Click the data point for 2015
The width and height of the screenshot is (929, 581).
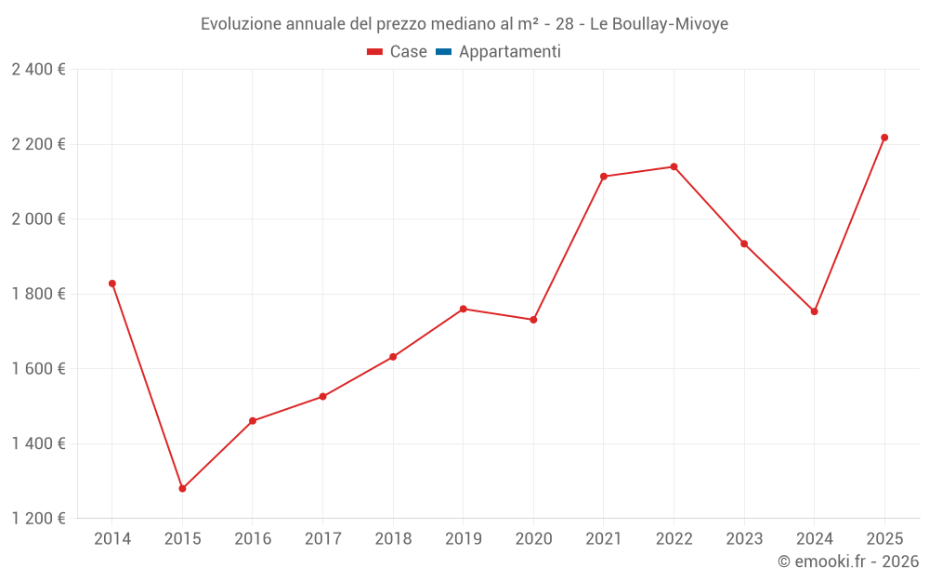click(182, 488)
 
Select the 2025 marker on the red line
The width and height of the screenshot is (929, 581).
click(884, 138)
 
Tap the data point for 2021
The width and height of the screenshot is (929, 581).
click(604, 177)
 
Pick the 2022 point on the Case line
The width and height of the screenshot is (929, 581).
click(674, 166)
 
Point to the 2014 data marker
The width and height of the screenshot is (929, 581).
click(112, 284)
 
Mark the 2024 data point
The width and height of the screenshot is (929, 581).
click(814, 311)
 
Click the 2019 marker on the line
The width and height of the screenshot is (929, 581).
click(464, 309)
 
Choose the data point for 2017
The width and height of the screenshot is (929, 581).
click(322, 396)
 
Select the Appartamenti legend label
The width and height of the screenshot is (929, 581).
click(509, 52)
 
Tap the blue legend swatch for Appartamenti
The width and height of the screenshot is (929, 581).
click(443, 52)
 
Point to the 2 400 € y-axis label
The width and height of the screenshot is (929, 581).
click(38, 70)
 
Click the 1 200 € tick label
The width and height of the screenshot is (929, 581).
click(38, 519)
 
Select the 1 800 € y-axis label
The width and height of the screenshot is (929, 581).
click(38, 294)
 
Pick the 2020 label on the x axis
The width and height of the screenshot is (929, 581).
click(533, 539)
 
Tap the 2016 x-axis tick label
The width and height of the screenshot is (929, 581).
click(253, 539)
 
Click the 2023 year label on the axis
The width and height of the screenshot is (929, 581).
click(744, 539)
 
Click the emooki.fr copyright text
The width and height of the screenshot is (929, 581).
click(848, 561)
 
